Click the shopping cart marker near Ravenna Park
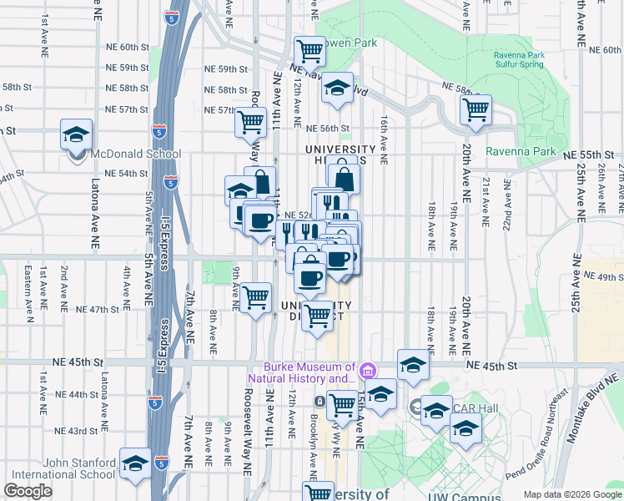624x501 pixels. point(476,109)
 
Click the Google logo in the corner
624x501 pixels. point(28,491)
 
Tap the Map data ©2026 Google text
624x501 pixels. point(572,494)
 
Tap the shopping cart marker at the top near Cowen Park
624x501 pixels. point(309,51)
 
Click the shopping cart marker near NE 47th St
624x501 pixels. point(255,297)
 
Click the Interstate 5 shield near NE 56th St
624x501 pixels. point(159,131)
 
